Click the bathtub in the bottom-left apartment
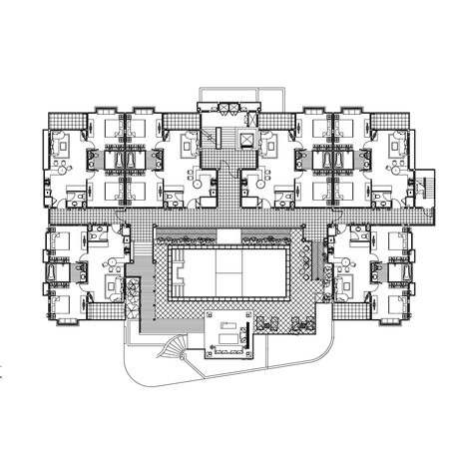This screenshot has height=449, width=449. (51, 272)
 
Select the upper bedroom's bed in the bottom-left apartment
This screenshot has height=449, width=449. (61, 241)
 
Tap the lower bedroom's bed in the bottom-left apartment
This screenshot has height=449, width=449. (61, 299)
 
